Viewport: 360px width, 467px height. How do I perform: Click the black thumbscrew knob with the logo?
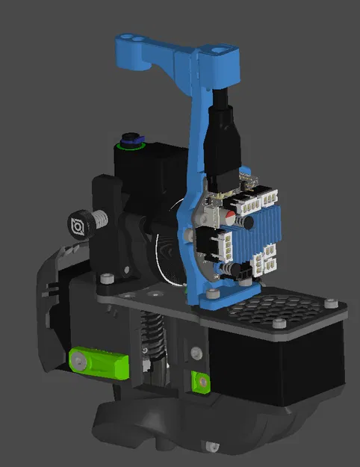78,225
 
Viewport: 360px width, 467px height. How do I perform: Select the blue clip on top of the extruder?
132,140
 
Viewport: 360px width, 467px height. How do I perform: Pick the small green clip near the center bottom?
199,380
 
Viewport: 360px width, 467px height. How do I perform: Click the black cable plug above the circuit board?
223,142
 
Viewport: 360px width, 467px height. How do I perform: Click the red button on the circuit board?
238,222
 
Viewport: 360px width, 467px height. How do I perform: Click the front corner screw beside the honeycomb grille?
279,324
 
